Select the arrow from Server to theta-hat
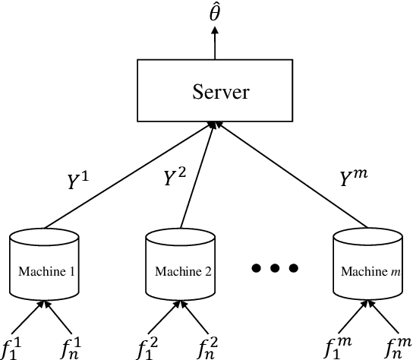pos(215,44)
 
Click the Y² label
pos(175,178)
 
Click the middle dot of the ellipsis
pos(275,267)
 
